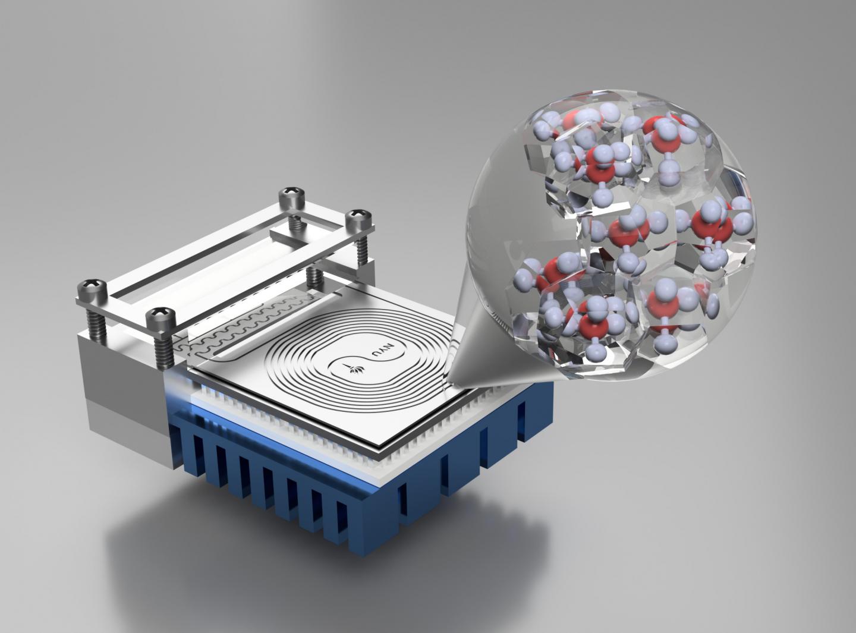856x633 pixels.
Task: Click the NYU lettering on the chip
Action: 378,360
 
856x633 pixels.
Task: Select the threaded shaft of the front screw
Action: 162,348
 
